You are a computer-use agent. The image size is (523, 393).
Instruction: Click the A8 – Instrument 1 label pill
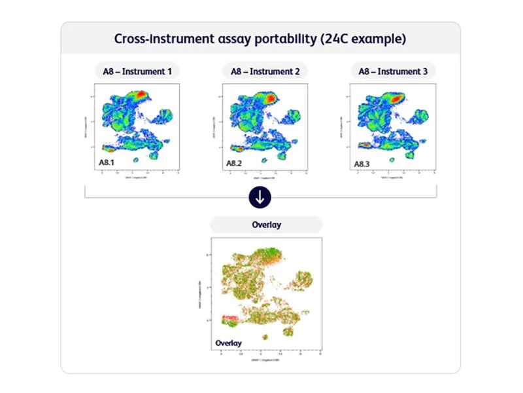[x=137, y=71]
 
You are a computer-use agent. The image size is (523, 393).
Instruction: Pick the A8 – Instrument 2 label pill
[x=265, y=71]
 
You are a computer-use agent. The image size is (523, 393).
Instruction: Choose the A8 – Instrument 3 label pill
[x=392, y=71]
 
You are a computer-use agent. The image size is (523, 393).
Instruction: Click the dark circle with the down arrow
[x=260, y=197]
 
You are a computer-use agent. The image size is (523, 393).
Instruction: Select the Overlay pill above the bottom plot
[x=266, y=225]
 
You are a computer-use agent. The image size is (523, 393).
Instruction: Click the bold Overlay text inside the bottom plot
[x=228, y=343]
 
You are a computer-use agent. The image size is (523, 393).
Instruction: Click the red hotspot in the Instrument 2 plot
[x=269, y=96]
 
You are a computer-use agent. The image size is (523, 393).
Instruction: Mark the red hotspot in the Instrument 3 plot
[x=397, y=96]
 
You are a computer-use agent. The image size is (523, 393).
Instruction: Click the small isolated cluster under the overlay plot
[x=265, y=337]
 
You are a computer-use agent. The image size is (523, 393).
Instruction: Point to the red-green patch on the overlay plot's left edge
[x=229, y=320]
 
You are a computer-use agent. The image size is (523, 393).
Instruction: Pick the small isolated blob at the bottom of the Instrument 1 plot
[x=137, y=159]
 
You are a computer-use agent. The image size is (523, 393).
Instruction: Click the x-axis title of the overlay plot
[x=268, y=360]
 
